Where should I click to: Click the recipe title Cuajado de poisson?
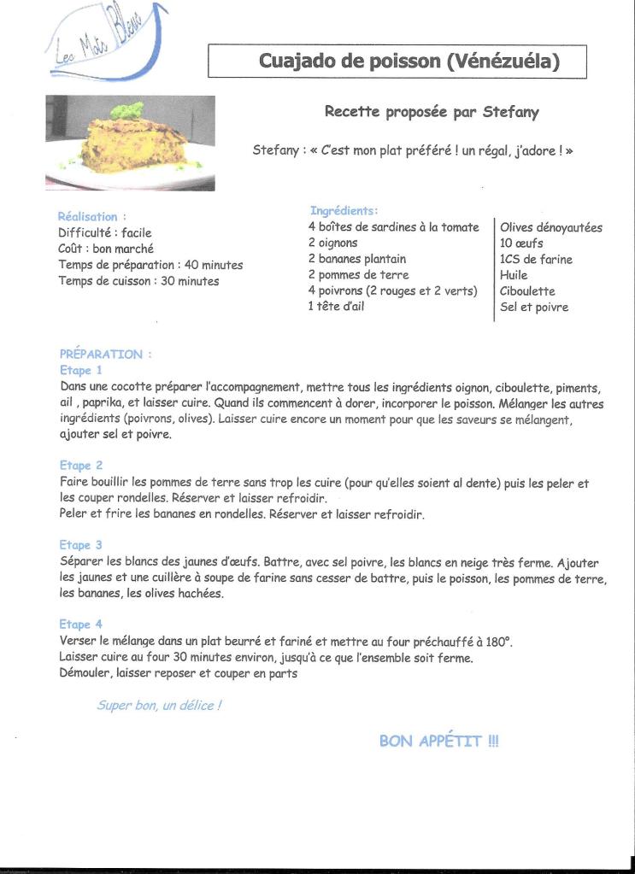[x=397, y=62]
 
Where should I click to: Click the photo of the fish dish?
[x=130, y=142]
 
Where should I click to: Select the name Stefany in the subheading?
[x=511, y=112]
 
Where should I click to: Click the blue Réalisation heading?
[x=91, y=217]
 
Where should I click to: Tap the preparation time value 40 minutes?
[x=213, y=265]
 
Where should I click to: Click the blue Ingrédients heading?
[x=344, y=210]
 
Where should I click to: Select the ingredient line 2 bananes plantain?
[x=357, y=259]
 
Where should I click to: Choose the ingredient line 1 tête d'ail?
[x=336, y=307]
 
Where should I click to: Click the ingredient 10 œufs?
[x=521, y=243]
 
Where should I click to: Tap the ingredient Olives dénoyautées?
[x=551, y=227]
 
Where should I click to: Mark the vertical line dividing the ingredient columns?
[x=493, y=269]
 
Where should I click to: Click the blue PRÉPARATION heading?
[x=106, y=354]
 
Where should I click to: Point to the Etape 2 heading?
[x=81, y=466]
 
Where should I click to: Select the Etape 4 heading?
[x=81, y=625]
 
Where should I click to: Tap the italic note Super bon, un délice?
[x=159, y=706]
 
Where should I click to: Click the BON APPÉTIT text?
[x=438, y=741]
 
